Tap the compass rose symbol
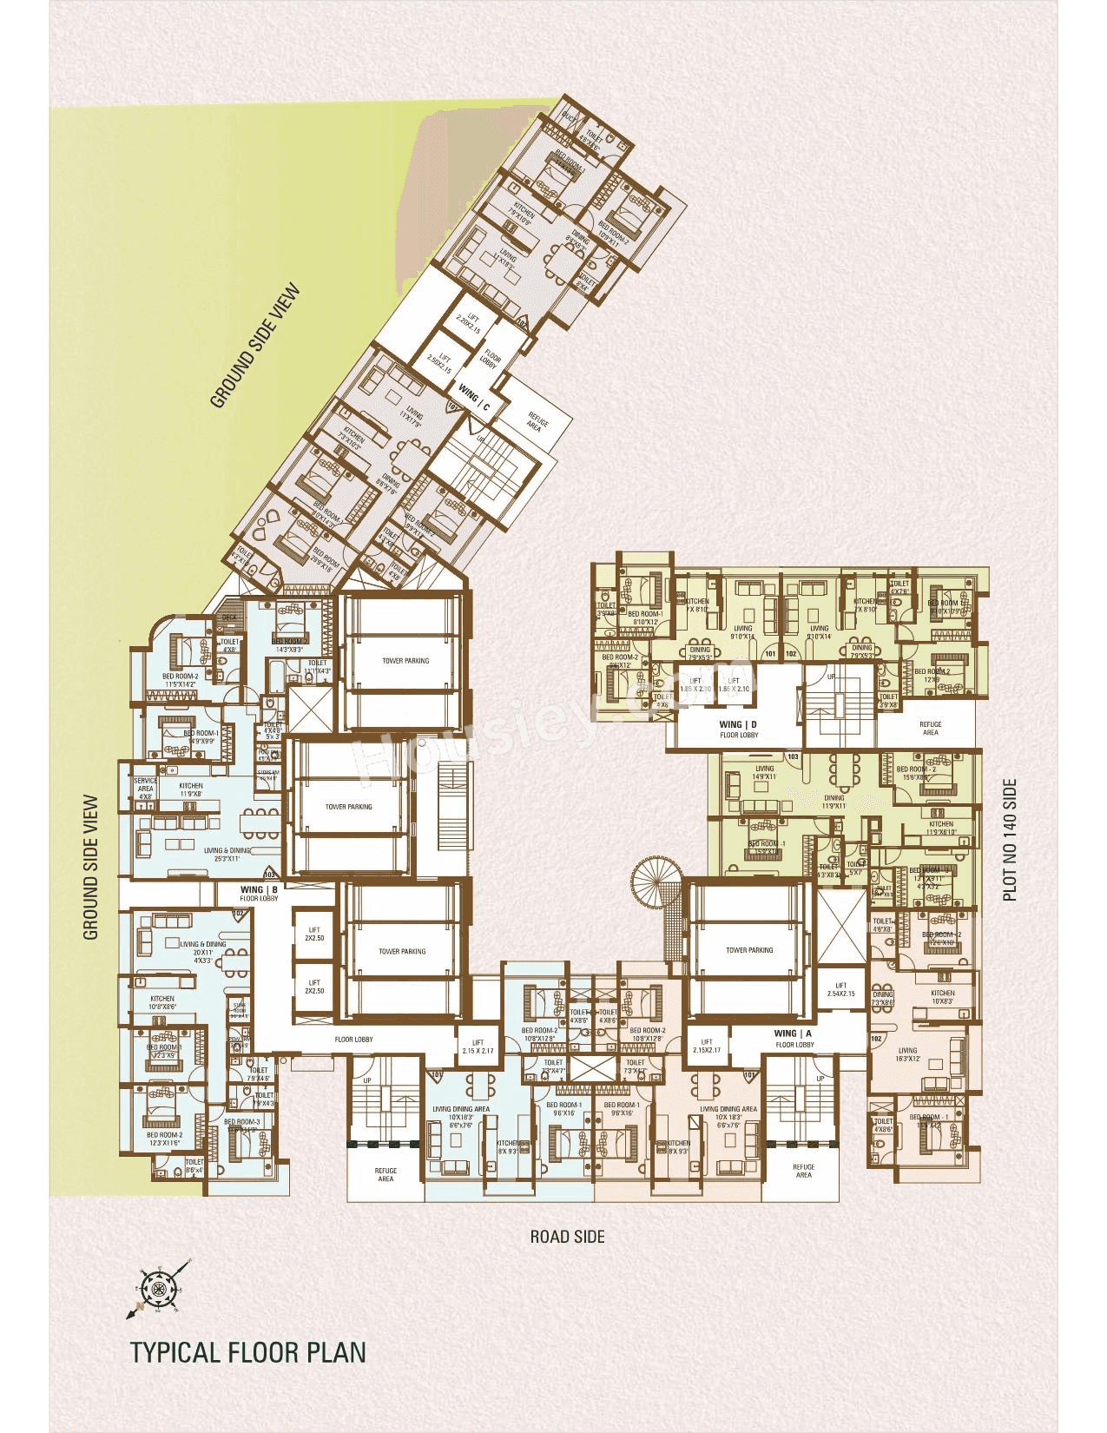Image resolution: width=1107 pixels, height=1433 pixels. coord(158,1288)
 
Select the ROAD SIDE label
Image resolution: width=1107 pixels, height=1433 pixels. coord(568,1236)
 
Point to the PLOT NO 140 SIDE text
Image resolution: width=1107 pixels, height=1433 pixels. coord(1010,839)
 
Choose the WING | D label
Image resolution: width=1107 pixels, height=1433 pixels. coord(738,724)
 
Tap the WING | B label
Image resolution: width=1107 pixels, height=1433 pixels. coord(259,890)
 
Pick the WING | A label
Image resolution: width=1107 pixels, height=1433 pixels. coord(793,1033)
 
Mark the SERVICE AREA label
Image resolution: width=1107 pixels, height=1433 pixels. coord(145,789)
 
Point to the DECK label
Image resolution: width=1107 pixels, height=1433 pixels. coord(229,617)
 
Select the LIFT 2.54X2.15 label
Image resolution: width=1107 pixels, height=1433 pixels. coord(840,989)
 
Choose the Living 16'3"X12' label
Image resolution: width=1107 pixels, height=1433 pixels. coord(907,1054)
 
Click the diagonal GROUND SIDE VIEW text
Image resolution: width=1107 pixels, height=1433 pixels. coord(255,345)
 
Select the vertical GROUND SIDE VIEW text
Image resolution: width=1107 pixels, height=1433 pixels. coord(91,868)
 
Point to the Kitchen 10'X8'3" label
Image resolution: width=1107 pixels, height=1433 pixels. coord(942,997)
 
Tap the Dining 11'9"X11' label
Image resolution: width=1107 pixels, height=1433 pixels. coord(834,802)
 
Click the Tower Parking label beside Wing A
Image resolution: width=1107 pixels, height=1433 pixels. coord(748,950)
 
